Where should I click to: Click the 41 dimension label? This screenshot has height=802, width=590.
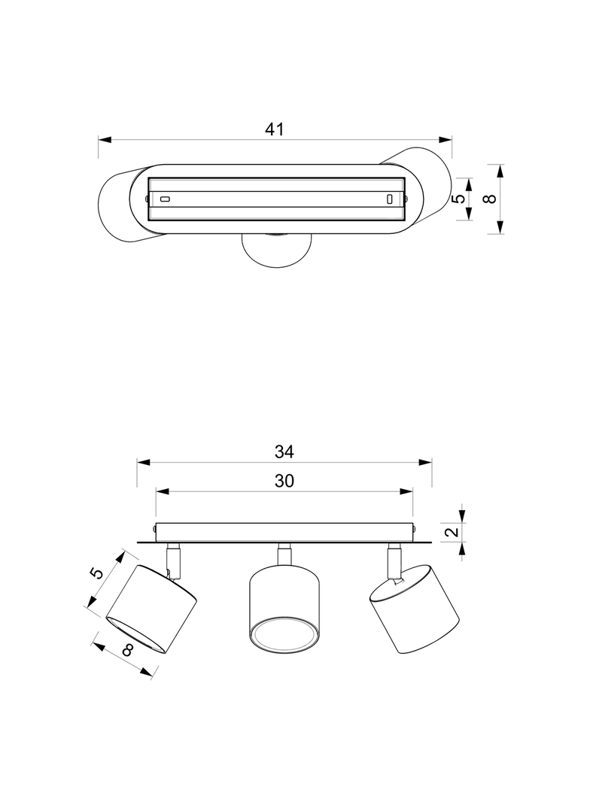(x=274, y=129)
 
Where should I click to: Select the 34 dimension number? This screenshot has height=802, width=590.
(x=284, y=452)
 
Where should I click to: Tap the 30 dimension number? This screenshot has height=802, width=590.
(x=284, y=482)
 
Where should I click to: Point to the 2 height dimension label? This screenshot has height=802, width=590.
(x=452, y=531)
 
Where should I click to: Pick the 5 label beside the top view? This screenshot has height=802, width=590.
(x=460, y=199)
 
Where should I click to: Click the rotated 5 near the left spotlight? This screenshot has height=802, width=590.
(x=97, y=573)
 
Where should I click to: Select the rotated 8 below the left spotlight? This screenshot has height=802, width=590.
(x=128, y=650)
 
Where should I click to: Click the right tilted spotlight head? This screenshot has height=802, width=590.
(x=415, y=609)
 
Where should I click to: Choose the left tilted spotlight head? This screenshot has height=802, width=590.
(x=152, y=609)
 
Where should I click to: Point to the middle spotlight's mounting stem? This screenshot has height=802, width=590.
(x=284, y=554)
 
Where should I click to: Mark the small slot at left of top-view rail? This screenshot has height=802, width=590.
(x=165, y=199)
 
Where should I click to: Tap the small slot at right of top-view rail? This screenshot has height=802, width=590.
(x=389, y=199)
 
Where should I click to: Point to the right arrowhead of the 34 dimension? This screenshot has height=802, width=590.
(x=425, y=463)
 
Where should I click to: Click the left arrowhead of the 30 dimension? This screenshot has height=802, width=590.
(x=163, y=491)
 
